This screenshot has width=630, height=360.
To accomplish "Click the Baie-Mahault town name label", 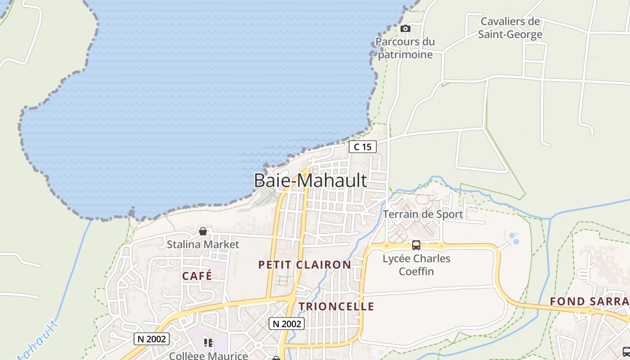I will point(310,180).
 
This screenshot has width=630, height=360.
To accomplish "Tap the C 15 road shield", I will point(363,147).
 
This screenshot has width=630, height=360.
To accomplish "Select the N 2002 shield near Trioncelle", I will point(287,323).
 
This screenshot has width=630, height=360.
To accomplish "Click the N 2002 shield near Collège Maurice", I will point(151,339).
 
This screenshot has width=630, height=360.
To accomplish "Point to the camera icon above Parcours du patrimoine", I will point(405,29).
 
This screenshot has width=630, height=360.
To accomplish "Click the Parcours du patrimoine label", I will point(405,48).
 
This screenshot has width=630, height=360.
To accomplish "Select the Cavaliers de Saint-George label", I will point(510,28).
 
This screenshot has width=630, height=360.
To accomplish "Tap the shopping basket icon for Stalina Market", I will point(203,231).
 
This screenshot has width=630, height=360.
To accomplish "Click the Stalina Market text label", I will point(203,244).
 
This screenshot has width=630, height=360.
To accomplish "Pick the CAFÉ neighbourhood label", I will point(197,276).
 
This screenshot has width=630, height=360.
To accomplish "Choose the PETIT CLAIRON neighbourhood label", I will point(305,265).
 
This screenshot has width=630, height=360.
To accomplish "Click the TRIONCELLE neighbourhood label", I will point(336,306).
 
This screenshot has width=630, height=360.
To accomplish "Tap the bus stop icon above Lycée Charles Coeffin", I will point(416,245).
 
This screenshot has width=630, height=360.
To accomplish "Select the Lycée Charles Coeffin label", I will point(416,265).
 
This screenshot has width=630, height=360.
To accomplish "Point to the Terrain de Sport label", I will point(423,214).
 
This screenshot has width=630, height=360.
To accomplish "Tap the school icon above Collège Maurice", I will point(208,343).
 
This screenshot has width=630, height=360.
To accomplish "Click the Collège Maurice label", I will point(208,355).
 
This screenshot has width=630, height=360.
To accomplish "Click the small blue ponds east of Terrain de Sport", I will point(513,238).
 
